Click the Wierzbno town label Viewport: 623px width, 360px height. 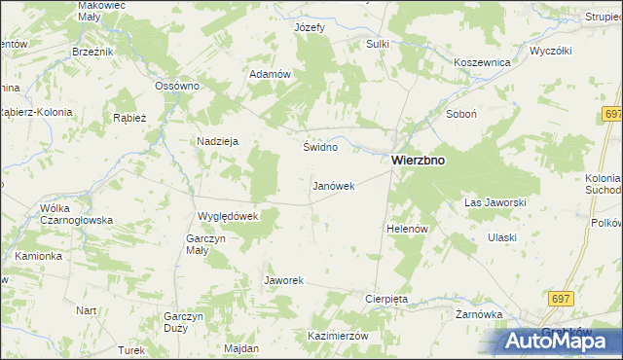[419, 162]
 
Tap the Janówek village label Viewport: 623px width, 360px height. [333, 185]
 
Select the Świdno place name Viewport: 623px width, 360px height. [320, 147]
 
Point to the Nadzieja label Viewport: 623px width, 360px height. [218, 140]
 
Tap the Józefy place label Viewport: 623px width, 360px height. [310, 27]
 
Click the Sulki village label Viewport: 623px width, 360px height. [378, 44]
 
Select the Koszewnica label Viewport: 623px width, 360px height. [483, 61]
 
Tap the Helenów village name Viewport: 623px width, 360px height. [408, 229]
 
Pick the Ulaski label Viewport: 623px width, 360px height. [501, 237]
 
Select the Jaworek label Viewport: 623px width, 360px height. [284, 280]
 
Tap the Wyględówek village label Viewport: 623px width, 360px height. [227, 216]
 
